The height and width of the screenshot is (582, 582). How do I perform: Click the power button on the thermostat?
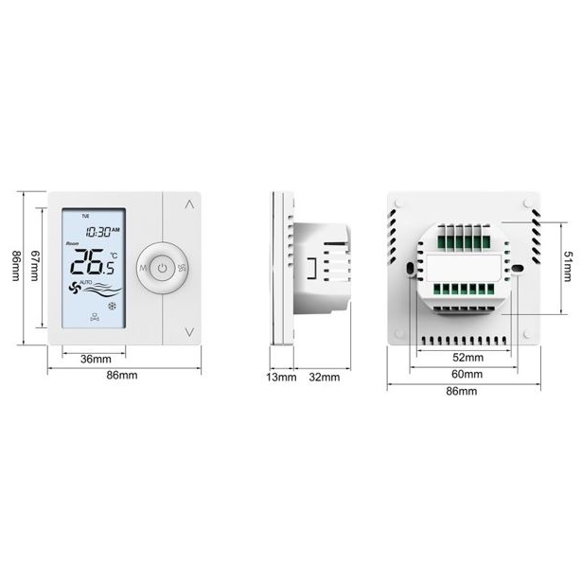(162, 268)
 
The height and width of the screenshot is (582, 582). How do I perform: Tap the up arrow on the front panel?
(189, 204)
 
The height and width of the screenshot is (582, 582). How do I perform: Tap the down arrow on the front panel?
(189, 332)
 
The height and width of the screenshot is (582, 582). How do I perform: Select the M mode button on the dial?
(143, 268)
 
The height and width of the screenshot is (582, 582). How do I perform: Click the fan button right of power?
(182, 268)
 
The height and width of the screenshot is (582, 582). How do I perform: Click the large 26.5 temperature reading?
(93, 262)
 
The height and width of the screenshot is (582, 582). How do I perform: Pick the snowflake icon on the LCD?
(112, 307)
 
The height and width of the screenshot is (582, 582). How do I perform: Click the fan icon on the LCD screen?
(75, 288)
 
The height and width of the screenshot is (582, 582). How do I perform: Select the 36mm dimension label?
(96, 359)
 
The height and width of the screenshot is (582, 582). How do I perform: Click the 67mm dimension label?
(34, 265)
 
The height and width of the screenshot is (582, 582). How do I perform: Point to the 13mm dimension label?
(281, 377)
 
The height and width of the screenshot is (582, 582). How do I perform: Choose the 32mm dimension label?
(325, 377)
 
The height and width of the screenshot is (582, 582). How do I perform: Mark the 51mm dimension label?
(568, 267)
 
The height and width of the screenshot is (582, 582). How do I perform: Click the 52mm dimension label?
(468, 358)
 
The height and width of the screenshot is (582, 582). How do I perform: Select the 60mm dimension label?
(467, 374)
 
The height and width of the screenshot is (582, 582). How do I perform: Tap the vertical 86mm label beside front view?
(16, 266)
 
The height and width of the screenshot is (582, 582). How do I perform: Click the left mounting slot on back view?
(410, 269)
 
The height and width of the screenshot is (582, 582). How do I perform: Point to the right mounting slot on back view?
(518, 268)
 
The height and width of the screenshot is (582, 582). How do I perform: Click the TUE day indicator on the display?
(85, 216)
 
